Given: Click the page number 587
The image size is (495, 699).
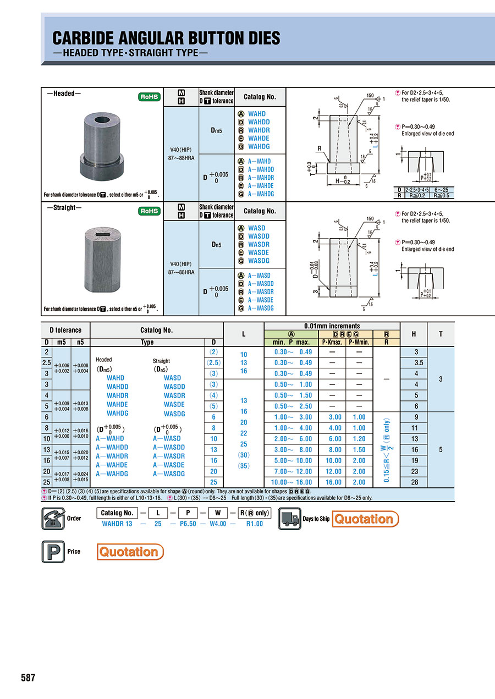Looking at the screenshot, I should pos(28,678).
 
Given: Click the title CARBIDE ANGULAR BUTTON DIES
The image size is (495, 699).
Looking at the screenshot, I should pos(166,38).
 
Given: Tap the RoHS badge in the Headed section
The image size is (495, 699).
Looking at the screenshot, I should pos(149,97).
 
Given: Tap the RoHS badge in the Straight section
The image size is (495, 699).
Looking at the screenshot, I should pos(149,211).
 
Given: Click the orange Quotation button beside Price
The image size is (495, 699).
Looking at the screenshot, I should pos(130,552).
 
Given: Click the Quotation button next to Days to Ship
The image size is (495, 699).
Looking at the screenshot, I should pos(365,519).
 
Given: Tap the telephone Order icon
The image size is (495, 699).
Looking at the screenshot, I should pos(53,519).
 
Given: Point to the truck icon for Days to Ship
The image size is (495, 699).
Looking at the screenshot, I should pos(290,519).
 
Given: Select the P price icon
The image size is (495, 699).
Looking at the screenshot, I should pos(53,552).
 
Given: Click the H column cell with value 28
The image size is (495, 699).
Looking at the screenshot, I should pos(419,482).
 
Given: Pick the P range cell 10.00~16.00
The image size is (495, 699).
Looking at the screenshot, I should pos(293,482).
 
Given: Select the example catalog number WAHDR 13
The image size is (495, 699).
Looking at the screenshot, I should pos(117,524).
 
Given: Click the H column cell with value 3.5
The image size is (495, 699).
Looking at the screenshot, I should pos(419,363).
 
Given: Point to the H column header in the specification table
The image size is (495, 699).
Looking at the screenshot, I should pos(419,334).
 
